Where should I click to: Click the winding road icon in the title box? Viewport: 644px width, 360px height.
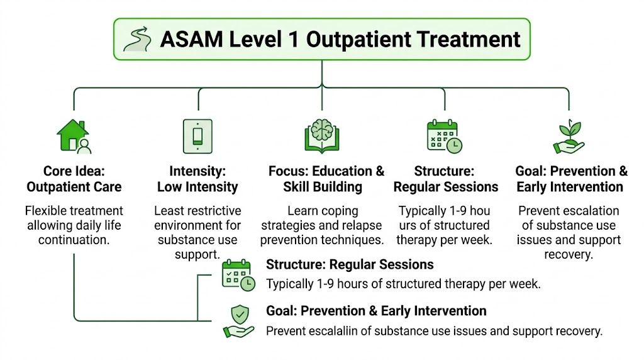138,39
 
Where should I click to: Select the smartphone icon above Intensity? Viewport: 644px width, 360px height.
197,136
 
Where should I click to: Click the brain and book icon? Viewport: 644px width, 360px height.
321,136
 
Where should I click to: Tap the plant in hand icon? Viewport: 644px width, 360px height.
569,136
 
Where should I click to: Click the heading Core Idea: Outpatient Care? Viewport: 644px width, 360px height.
74,179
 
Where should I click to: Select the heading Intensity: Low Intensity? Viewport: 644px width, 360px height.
197,179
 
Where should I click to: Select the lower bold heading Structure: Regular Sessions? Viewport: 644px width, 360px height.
350,264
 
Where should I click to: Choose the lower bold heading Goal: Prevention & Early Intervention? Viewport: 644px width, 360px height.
376,311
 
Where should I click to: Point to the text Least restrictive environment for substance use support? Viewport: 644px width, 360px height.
197,232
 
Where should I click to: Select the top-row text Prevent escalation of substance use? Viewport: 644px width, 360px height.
569,218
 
